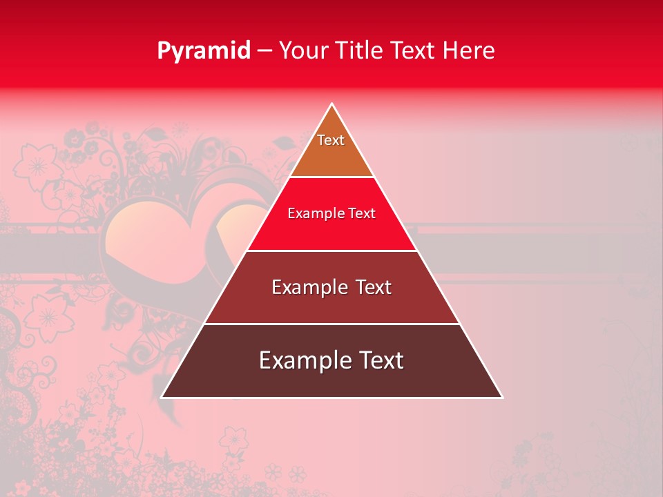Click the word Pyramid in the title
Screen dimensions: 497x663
coord(204,51)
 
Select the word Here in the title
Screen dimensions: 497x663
coord(469,51)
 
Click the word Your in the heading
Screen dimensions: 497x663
coord(302,51)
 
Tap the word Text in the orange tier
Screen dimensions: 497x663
coord(331,140)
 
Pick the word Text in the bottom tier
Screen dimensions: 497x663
coord(380,360)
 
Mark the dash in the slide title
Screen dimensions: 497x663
coord(265,51)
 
